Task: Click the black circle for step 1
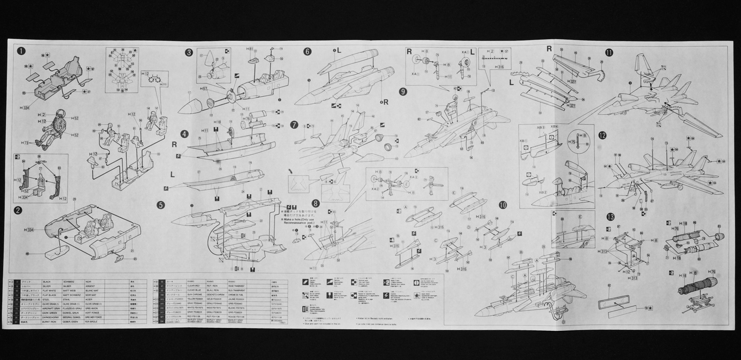coord(21,50)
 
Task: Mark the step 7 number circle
coord(294,125)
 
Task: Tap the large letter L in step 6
coord(339,50)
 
